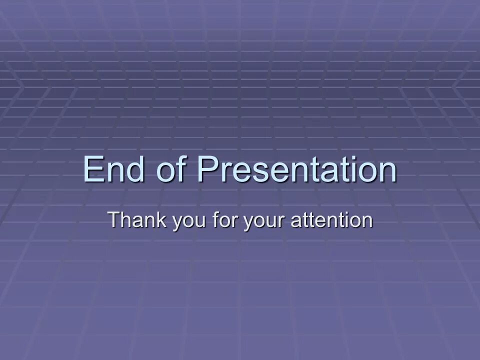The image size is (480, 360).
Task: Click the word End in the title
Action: tap(113, 169)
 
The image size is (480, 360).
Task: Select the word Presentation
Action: tap(296, 169)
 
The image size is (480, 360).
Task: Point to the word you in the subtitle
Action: tap(189, 222)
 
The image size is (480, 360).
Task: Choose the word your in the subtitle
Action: tap(264, 222)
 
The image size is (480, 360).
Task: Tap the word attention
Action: tap(331, 220)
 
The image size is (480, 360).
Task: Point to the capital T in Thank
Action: tap(115, 219)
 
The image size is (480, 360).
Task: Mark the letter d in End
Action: tap(135, 169)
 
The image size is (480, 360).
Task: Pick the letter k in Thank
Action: tap(161, 219)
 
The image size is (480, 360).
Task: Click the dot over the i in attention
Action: tap(345, 212)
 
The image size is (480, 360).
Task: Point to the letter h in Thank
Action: tap(127, 219)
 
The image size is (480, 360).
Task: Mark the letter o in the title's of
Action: tap(165, 172)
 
